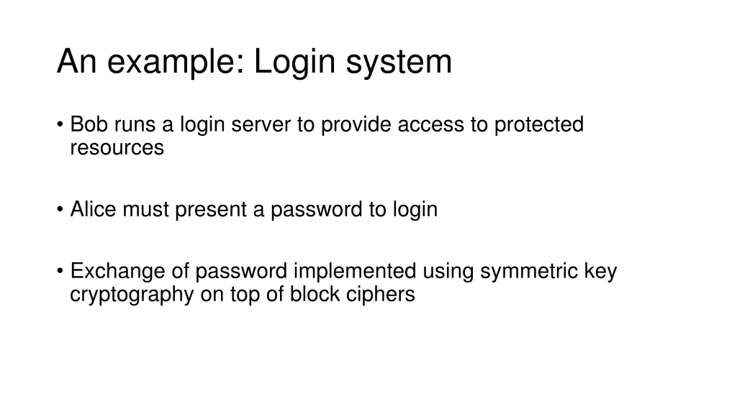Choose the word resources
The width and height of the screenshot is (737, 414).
[117, 148]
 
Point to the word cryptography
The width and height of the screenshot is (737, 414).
[132, 295]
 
